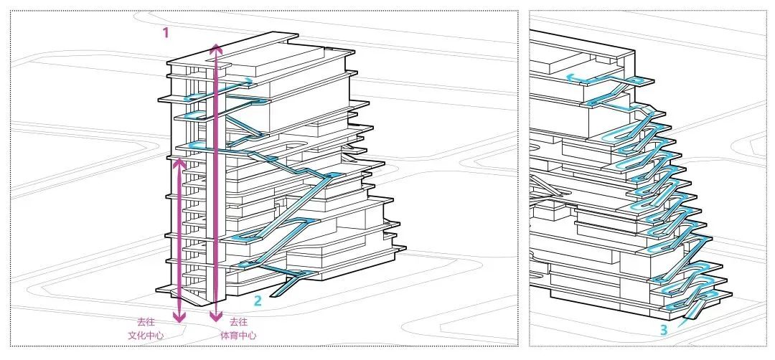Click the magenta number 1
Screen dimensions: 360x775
[x=166, y=32]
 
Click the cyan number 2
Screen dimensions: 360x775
[x=258, y=302]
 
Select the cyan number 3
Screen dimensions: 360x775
[x=664, y=330]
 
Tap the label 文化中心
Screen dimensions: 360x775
[x=146, y=335]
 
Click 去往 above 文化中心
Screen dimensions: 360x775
[x=146, y=322]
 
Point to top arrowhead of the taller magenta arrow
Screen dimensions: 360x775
[x=215, y=47]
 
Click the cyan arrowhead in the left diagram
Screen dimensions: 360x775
[x=248, y=81]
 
